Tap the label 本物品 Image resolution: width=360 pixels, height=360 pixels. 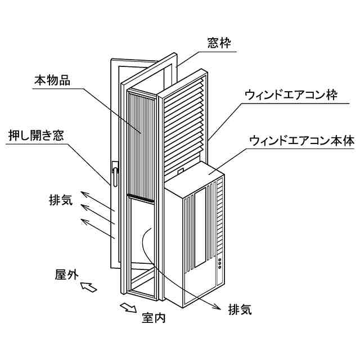[52, 81]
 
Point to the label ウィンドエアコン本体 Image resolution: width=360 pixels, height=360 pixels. [301, 137]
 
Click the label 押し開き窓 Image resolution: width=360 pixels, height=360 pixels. [36, 137]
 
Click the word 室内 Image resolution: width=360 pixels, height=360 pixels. [154, 318]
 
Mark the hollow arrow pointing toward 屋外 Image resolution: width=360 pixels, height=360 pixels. [89, 288]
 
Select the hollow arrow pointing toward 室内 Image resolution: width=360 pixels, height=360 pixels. [129, 307]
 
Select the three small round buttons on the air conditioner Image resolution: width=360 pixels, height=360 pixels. [220, 263]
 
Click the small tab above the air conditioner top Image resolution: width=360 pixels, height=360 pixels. [180, 169]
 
